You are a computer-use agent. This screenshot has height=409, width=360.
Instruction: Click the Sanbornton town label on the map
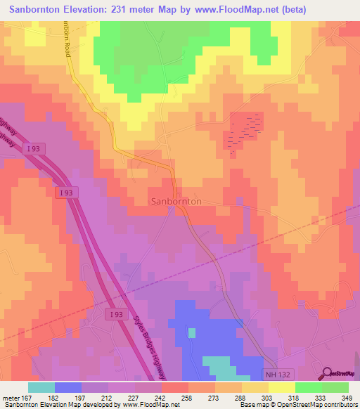click(176, 202)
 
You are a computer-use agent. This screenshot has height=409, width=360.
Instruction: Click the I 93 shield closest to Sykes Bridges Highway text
click(117, 316)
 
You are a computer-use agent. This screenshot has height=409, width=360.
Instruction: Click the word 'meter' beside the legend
click(10, 398)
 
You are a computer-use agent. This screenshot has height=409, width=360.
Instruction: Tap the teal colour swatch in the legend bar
click(41, 387)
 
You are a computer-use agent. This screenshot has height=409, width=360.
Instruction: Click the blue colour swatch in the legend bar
click(68, 387)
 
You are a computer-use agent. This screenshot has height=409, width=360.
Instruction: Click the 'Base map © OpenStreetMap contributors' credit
click(298, 405)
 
